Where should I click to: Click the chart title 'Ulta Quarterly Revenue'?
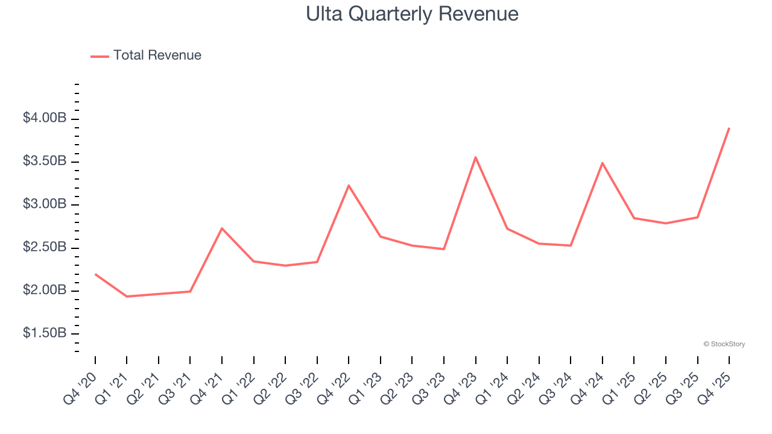412,14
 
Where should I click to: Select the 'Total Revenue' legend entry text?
157,55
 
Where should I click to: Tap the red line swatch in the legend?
100,56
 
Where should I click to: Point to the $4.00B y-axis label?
45,118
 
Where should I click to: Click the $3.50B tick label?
45,162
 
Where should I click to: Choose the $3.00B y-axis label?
45,204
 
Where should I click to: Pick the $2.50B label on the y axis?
45,247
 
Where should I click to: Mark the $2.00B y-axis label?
45,291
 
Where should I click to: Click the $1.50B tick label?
45,333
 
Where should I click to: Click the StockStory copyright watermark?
724,344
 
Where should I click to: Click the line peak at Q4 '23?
475,157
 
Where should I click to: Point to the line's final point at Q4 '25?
729,128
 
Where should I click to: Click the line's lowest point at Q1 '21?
127,297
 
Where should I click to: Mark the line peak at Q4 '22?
349,186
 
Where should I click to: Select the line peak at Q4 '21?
222,228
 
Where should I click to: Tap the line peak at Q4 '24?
603,163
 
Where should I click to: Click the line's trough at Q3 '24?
571,245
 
